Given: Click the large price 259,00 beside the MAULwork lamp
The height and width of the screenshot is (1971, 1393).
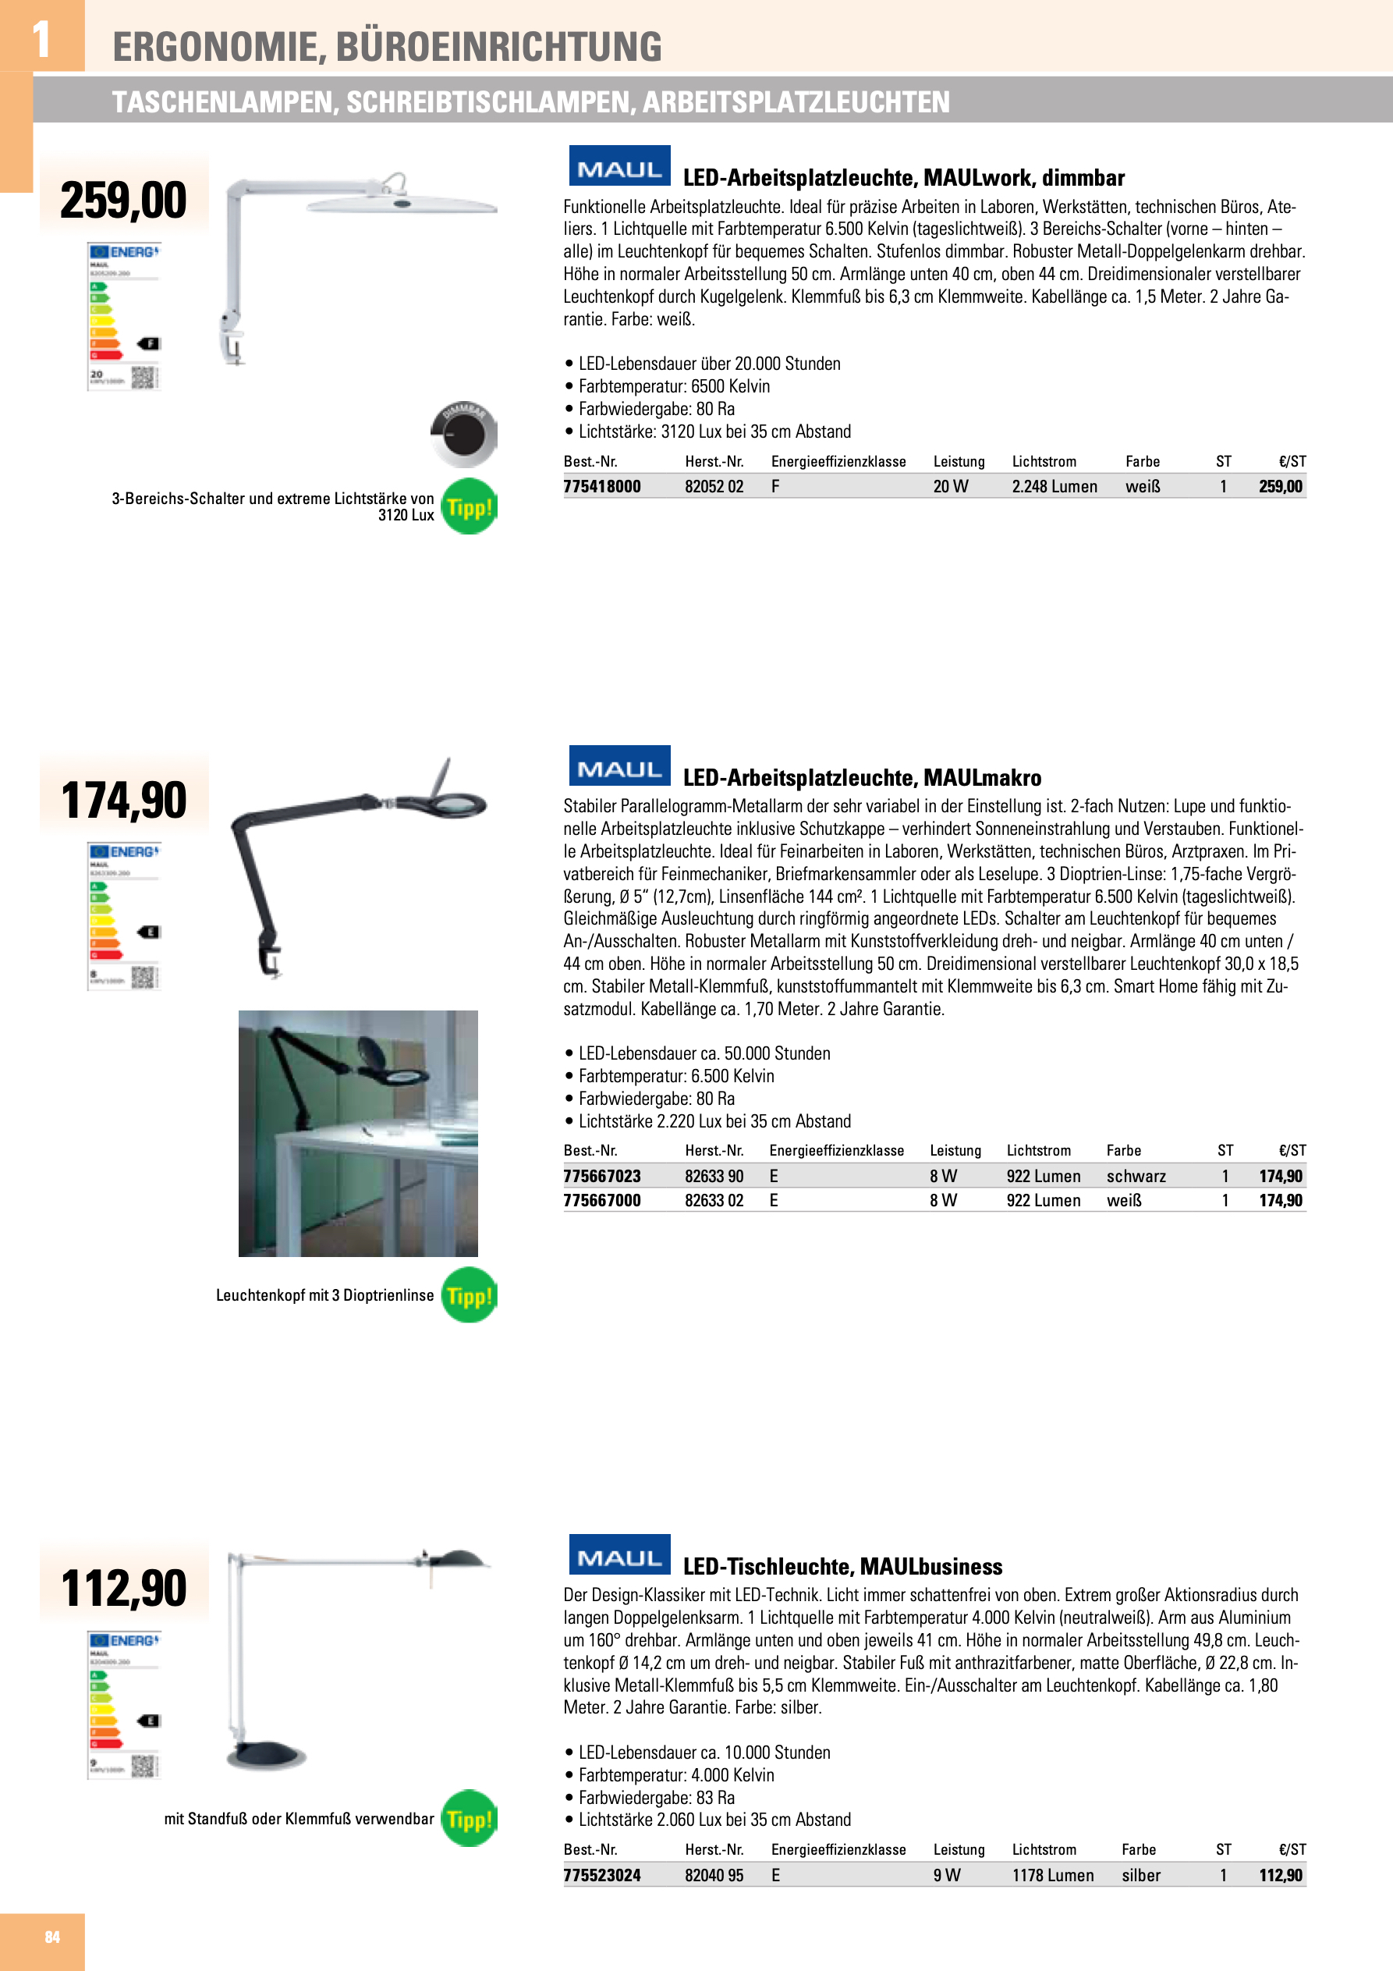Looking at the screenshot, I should click(123, 199).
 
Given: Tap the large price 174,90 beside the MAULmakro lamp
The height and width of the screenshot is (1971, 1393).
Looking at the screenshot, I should click(123, 799).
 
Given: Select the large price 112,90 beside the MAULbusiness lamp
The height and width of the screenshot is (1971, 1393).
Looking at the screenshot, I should click(123, 1587).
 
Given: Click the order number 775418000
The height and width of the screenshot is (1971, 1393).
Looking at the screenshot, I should click(601, 486).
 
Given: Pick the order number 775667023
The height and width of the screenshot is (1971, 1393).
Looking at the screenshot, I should click(601, 1175).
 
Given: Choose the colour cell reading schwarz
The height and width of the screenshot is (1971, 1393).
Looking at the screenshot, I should click(1136, 1175).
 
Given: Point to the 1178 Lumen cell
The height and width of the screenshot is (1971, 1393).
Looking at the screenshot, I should click(1052, 1875).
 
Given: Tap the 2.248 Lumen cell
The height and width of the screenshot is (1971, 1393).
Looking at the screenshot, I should click(1054, 486).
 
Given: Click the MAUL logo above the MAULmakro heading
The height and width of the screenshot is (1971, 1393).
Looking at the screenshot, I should click(620, 766).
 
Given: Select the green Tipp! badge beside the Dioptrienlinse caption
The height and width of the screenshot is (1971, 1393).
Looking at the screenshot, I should click(470, 1294).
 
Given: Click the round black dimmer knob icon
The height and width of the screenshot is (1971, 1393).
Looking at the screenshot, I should click(463, 434).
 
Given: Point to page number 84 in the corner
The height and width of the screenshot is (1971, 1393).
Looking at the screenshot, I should click(52, 1937).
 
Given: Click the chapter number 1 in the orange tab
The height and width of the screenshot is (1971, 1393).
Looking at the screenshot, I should click(41, 39).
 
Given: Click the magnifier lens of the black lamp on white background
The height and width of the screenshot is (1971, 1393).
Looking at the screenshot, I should click(452, 804).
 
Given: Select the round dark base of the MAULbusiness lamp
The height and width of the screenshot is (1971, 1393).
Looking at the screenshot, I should click(266, 1756).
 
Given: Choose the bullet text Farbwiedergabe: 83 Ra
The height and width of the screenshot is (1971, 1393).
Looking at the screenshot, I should click(656, 1797).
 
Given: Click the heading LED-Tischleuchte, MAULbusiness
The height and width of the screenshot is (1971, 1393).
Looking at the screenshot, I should click(842, 1566).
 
